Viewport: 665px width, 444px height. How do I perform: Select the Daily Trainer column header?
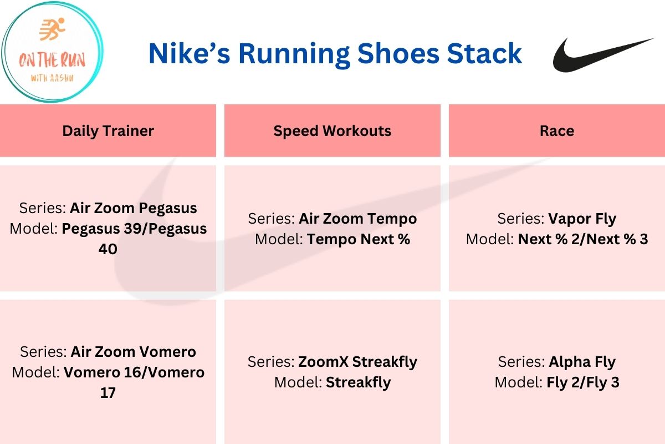pyautogui.click(x=108, y=131)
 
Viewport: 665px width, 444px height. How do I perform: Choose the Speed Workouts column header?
pyautogui.click(x=332, y=131)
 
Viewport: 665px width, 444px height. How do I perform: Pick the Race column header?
pyautogui.click(x=557, y=131)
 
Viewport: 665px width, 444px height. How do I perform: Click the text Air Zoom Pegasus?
pyautogui.click(x=133, y=208)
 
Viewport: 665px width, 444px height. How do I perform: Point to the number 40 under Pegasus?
pyautogui.click(x=108, y=249)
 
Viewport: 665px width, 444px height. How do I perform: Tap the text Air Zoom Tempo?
pyautogui.click(x=357, y=219)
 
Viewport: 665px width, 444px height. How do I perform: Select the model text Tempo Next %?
pyautogui.click(x=359, y=239)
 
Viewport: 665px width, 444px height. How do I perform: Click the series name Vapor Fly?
pyautogui.click(x=582, y=219)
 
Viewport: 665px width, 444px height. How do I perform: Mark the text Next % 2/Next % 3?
pyautogui.click(x=583, y=239)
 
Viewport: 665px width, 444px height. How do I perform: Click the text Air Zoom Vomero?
pyautogui.click(x=133, y=352)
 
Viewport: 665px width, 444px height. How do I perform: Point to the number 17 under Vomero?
pyautogui.click(x=108, y=393)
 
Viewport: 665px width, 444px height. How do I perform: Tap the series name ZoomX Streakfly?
pyautogui.click(x=357, y=362)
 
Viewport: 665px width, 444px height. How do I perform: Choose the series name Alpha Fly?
pyautogui.click(x=582, y=362)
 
